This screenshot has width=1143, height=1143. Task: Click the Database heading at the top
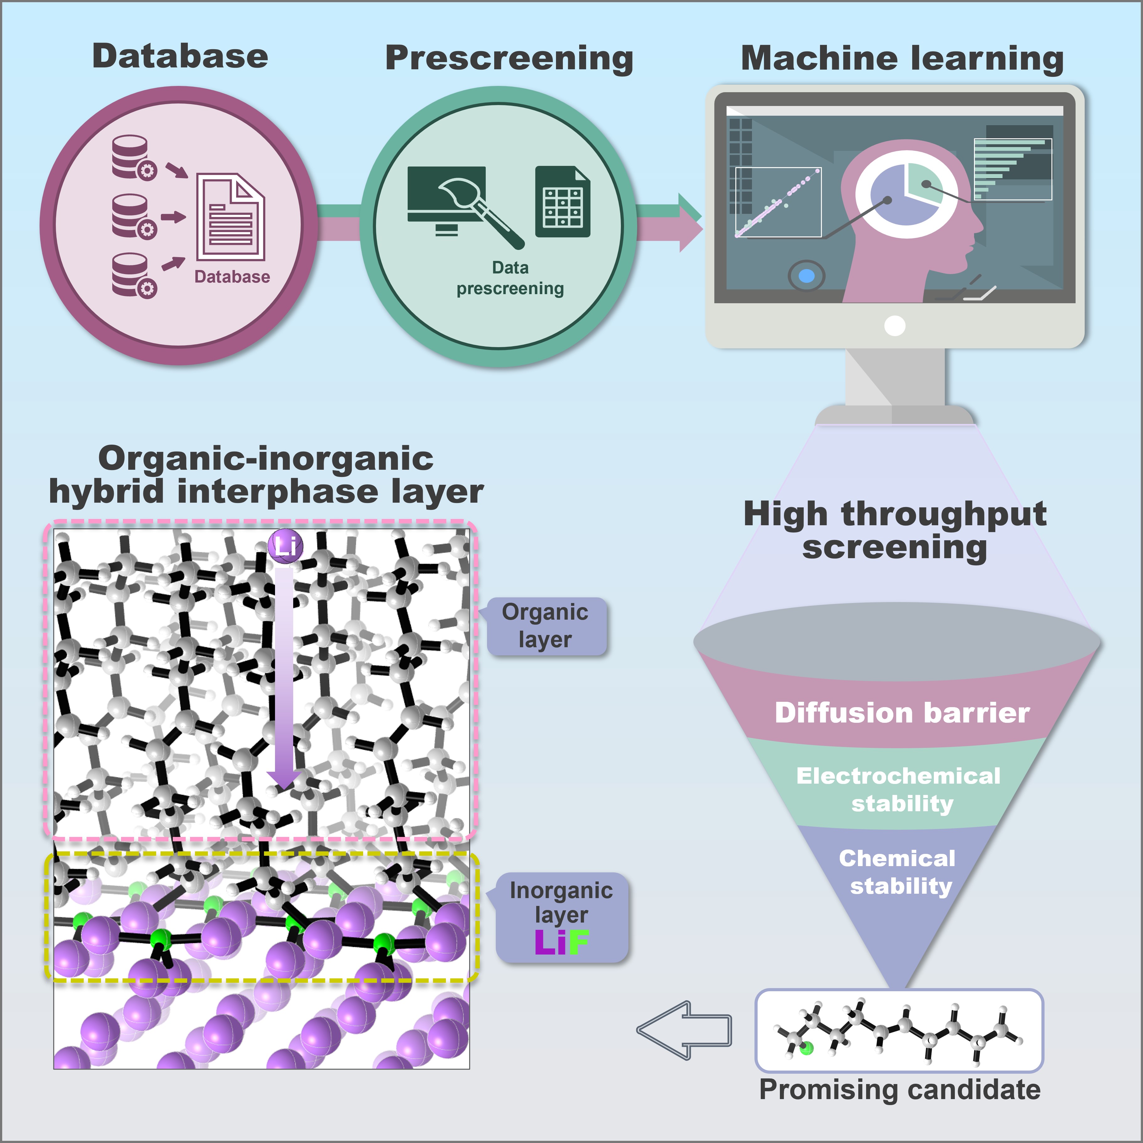coord(180,57)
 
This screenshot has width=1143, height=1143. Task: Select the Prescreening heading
coord(509,59)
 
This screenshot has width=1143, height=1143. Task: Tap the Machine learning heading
coord(902,59)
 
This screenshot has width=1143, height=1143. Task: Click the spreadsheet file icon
coord(563,202)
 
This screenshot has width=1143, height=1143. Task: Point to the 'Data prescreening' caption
coord(510,278)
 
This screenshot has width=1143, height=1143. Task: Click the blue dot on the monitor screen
coord(806,276)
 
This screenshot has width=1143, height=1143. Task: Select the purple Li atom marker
coord(285,545)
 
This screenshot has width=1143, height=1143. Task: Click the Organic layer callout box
coord(545,626)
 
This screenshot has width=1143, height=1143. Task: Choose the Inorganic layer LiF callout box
coord(561,917)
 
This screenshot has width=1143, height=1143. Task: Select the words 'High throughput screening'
coord(895,530)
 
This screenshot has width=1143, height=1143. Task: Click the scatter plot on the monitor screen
coord(778,202)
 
